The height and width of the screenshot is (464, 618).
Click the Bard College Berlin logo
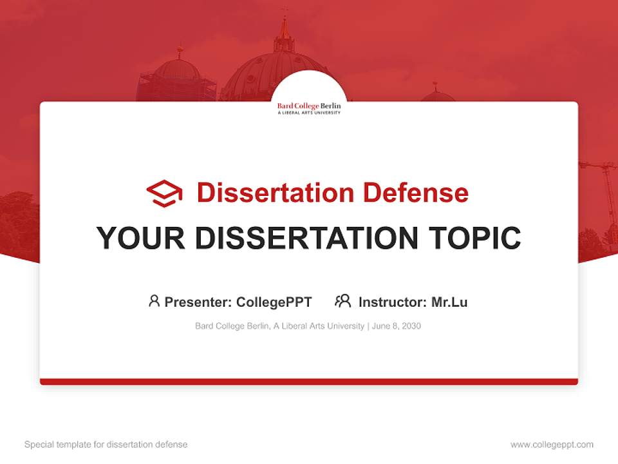pyautogui.click(x=309, y=108)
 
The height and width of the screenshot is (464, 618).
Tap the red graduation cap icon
pyautogui.click(x=164, y=193)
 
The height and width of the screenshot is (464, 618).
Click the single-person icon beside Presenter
pyautogui.click(x=154, y=301)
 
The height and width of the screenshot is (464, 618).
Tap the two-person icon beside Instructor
pyautogui.click(x=342, y=301)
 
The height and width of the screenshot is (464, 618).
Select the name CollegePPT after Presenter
pyautogui.click(x=274, y=302)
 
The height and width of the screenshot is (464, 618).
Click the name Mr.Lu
pyautogui.click(x=449, y=302)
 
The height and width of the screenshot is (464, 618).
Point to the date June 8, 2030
pyautogui.click(x=397, y=326)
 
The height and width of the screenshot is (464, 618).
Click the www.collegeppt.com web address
pyautogui.click(x=552, y=445)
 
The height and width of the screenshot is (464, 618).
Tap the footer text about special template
pyautogui.click(x=106, y=445)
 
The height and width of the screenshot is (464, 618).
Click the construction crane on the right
pyautogui.click(x=605, y=193)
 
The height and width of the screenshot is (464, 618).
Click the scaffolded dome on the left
pyautogui.click(x=177, y=77)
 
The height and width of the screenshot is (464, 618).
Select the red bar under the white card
pyautogui.click(x=309, y=382)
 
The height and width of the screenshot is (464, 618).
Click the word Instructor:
pyautogui.click(x=393, y=302)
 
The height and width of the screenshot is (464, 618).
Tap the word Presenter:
pyautogui.click(x=198, y=302)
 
